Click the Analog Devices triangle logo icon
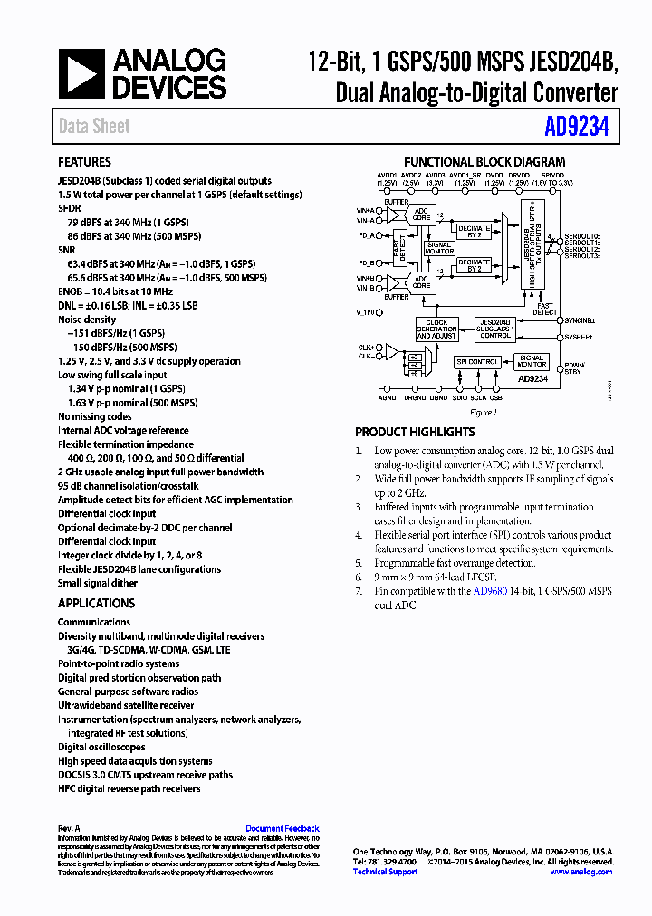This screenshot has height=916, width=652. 82,73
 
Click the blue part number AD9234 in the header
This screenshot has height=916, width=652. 577,127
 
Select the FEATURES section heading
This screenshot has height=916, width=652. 84,162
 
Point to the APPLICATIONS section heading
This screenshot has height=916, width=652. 96,603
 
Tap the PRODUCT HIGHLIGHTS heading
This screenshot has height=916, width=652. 415,432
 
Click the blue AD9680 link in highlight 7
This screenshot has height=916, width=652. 490,591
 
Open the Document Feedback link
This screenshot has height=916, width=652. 283,828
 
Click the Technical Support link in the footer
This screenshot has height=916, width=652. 385,872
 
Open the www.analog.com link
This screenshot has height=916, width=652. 580,872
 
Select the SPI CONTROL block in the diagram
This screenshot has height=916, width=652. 477,362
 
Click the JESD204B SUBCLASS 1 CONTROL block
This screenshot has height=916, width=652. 495,329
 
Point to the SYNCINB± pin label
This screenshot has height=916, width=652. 578,320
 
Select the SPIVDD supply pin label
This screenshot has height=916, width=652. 552,176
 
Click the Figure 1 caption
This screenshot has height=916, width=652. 484,413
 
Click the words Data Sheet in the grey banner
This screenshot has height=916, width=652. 94,127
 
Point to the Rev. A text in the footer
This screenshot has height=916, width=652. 70,828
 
